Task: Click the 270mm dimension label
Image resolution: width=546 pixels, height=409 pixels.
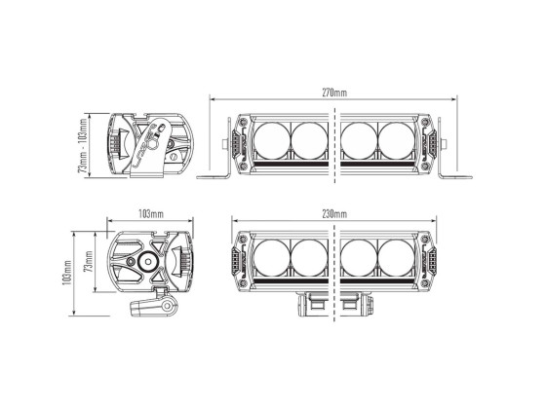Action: click(332, 92)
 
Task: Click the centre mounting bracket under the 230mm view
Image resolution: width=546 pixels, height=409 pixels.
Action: click(334, 303)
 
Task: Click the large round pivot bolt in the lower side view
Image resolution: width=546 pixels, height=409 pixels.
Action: click(148, 261)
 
